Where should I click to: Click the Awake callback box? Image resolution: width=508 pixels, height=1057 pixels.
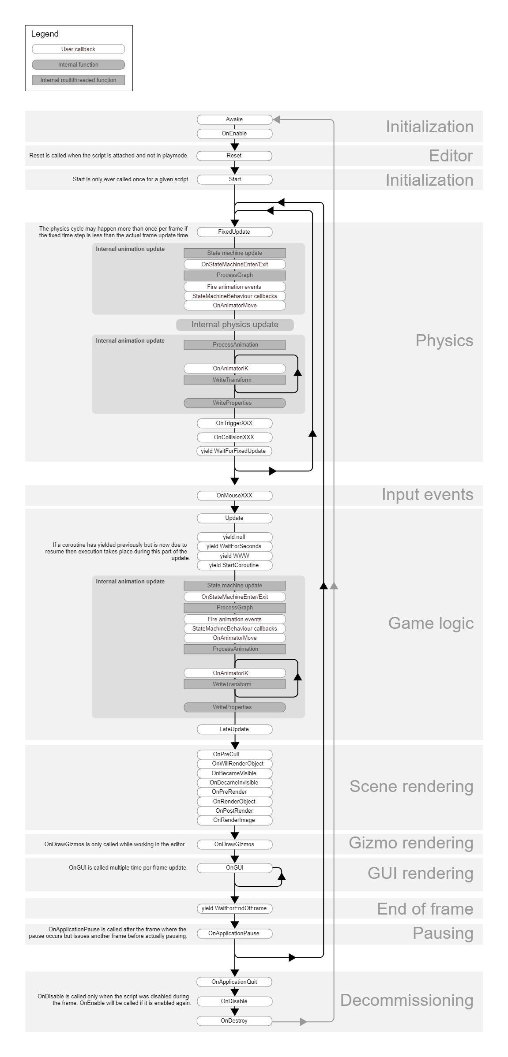click(234, 120)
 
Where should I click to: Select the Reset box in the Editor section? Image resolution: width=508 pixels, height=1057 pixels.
click(234, 156)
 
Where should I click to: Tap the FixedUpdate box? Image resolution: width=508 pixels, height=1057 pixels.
click(234, 232)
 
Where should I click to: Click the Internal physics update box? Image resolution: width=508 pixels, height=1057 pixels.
click(235, 325)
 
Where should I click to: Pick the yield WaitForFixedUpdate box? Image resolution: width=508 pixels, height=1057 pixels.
click(234, 451)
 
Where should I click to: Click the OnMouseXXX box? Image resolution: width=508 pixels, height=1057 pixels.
click(234, 496)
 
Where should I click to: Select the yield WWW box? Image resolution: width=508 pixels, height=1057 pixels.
click(234, 556)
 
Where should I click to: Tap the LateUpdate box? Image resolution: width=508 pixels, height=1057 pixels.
click(234, 729)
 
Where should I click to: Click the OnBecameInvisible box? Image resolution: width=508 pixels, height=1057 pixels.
click(234, 783)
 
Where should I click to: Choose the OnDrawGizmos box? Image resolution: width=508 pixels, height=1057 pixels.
click(234, 844)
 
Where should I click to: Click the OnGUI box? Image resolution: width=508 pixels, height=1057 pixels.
click(234, 868)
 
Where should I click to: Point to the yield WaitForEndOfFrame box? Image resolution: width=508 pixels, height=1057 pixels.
click(234, 908)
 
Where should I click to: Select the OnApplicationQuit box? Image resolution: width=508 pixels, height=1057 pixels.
click(234, 982)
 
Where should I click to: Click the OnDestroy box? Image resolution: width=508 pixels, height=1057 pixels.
click(234, 1021)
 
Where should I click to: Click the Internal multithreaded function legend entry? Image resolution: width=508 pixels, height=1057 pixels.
click(79, 80)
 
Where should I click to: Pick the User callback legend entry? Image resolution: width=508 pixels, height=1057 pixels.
click(79, 49)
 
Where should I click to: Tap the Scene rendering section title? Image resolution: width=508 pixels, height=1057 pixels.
click(411, 786)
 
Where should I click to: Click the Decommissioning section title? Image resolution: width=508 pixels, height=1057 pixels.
click(406, 1000)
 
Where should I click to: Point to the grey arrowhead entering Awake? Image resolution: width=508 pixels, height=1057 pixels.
click(277, 120)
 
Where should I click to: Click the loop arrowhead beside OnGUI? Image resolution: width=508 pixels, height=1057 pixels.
click(282, 876)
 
